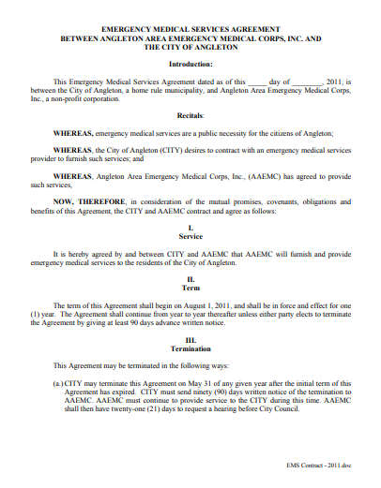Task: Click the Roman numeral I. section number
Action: [190, 229]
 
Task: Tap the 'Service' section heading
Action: [190, 237]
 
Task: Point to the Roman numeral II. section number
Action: [190, 279]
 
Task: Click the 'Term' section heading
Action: [190, 288]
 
